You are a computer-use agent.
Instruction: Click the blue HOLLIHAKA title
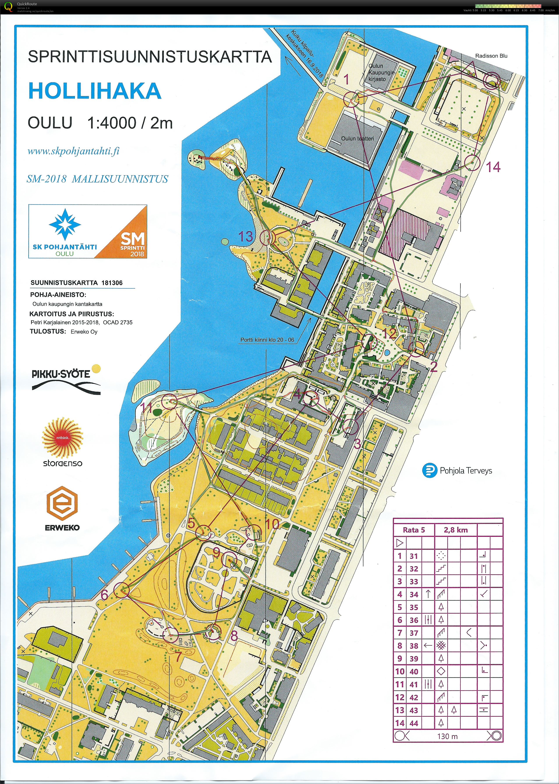95,91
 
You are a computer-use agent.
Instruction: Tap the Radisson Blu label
491,56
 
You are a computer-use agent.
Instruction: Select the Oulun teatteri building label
357,139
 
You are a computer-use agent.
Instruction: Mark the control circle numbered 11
169,402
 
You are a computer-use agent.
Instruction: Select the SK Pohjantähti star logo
65,224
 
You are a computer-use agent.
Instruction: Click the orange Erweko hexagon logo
62,504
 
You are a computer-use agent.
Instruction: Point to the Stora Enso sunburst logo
63,438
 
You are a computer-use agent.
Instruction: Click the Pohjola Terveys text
465,471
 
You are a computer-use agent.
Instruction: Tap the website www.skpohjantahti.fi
73,151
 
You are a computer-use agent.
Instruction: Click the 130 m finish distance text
448,736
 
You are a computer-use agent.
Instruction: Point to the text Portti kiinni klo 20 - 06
267,340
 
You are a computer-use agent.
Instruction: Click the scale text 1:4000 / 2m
129,123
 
